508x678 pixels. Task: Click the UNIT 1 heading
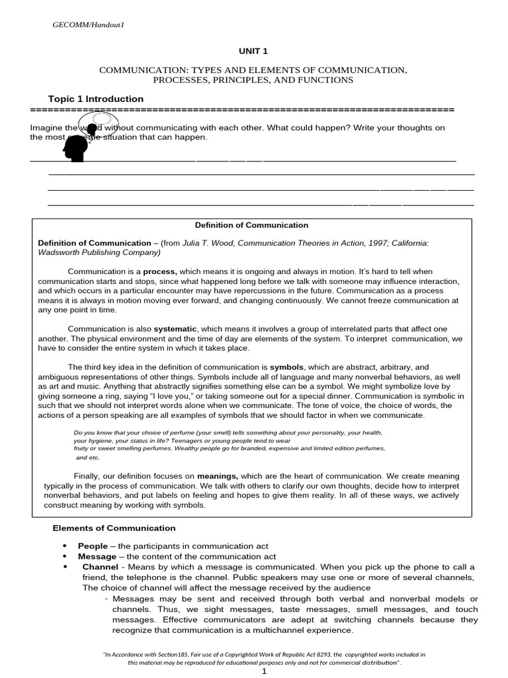[253, 50]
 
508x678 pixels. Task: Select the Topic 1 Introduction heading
[96, 99]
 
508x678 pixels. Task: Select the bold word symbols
[285, 367]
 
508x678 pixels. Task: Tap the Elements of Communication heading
[114, 528]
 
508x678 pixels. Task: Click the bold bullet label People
[93, 546]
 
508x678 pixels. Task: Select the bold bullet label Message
[97, 557]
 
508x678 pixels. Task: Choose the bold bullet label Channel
[99, 567]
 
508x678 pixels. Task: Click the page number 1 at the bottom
[264, 671]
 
